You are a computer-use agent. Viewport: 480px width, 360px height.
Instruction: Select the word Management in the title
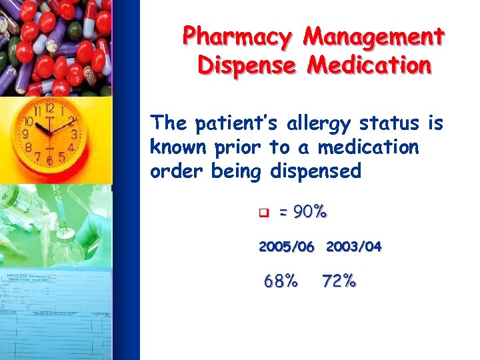tap(373, 37)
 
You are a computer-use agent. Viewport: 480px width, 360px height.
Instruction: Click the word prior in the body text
tap(238, 148)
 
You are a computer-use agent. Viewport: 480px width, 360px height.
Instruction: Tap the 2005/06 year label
tap(286, 247)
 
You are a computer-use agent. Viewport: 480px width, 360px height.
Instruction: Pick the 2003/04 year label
tap(353, 247)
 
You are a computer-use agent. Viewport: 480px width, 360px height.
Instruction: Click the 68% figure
tap(281, 281)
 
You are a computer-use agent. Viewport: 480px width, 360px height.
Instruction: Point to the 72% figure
tap(339, 281)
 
